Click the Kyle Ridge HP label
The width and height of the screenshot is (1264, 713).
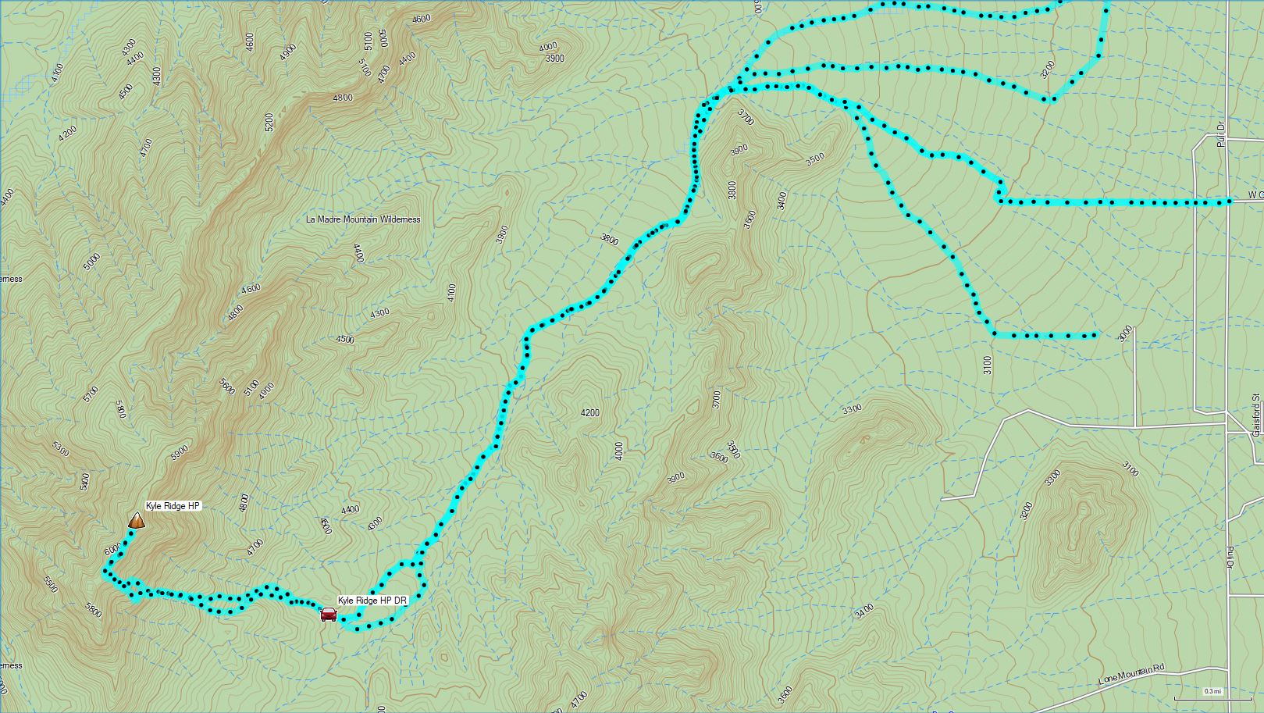[173, 506]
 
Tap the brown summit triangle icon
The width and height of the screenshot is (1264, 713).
[137, 520]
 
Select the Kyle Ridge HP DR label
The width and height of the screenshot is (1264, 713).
[372, 601]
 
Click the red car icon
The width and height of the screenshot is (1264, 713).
[329, 615]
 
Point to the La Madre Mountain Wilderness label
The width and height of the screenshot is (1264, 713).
[363, 219]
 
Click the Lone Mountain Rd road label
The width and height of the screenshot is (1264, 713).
[1131, 673]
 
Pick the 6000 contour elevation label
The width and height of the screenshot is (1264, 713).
[112, 550]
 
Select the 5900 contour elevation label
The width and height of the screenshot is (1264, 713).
[180, 452]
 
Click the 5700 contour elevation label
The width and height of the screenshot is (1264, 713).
[91, 394]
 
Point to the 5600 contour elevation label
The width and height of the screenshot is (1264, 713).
[227, 387]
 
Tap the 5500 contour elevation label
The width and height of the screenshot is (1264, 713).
[51, 585]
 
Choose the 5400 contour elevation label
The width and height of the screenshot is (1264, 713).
[85, 481]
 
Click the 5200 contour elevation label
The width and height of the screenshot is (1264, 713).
[269, 122]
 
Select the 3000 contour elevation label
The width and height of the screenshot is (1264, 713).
[1124, 333]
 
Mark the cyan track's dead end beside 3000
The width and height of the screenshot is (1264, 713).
[1095, 336]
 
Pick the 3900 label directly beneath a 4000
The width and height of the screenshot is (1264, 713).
[554, 59]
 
